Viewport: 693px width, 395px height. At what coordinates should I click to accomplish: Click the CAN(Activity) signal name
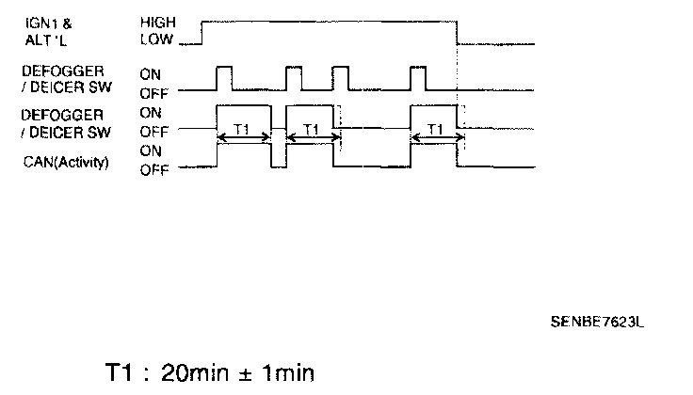click(x=66, y=162)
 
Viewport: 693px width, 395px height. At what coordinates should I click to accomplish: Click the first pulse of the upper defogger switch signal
click(x=224, y=77)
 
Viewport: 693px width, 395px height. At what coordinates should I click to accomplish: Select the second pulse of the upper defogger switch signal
click(x=294, y=77)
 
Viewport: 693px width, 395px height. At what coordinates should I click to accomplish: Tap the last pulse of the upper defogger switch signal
click(x=418, y=77)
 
